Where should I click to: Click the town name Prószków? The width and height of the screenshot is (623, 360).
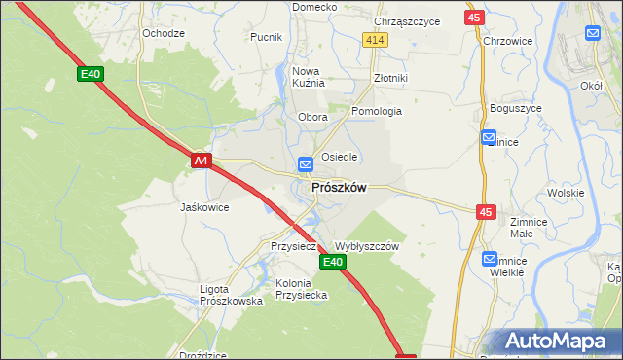click(x=338, y=188)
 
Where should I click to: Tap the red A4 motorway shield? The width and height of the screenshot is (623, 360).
click(x=201, y=161)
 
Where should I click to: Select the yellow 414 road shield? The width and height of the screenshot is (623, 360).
click(x=376, y=39)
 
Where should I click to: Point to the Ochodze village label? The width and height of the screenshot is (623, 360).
click(x=164, y=33)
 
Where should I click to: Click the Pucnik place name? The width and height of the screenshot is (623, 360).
click(x=266, y=38)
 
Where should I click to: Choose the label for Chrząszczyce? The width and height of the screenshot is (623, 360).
click(x=407, y=21)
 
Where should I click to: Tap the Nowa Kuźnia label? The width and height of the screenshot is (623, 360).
click(x=307, y=77)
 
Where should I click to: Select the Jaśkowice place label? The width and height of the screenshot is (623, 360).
click(x=204, y=207)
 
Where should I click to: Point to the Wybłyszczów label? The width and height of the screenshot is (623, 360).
click(x=367, y=247)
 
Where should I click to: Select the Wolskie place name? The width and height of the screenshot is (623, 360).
click(x=565, y=193)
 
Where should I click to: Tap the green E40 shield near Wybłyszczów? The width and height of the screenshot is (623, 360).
click(x=332, y=263)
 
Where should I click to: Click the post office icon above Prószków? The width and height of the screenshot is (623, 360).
click(x=305, y=164)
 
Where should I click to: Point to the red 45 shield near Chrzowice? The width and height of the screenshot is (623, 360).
click(x=473, y=18)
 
